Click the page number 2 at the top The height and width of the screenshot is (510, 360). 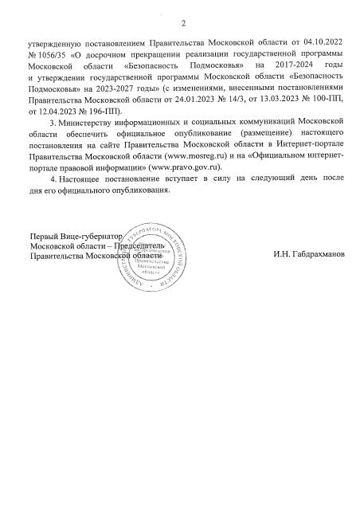click(x=182, y=22)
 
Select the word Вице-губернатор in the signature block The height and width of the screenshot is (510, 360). click(x=83, y=237)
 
